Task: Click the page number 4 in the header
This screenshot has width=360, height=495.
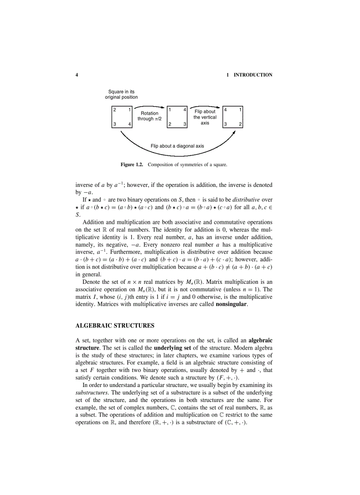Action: pos(77,75)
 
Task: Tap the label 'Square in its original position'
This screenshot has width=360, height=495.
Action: pos(121,94)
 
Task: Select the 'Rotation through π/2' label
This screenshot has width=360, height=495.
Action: pos(150,116)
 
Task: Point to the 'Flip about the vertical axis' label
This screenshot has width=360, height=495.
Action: pos(205,117)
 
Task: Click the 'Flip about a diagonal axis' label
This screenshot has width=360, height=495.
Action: pos(177,145)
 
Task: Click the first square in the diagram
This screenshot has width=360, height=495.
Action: pos(122,117)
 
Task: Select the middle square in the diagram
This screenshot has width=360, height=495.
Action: pos(177,117)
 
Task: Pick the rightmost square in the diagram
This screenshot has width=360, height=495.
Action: pos(233,117)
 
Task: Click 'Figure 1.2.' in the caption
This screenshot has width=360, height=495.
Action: pos(133,165)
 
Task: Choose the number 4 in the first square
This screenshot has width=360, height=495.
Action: pos(129,124)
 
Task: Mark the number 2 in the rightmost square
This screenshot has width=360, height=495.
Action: pos(240,124)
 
